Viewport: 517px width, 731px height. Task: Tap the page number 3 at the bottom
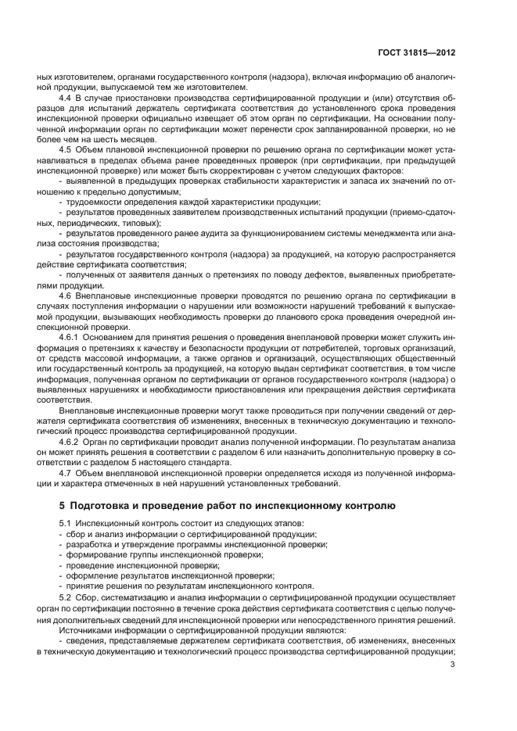click(x=453, y=665)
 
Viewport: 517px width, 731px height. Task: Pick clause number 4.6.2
click(x=70, y=442)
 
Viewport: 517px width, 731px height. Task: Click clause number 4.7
click(x=66, y=472)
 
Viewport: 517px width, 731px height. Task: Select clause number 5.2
click(x=66, y=597)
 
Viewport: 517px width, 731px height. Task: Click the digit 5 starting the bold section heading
click(x=63, y=506)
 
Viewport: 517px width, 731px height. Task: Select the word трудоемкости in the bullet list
click(x=94, y=202)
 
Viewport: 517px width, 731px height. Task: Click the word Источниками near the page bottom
click(x=86, y=629)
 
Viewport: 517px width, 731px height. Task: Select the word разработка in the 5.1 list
click(x=89, y=544)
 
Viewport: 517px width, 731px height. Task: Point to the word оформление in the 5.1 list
click(x=92, y=575)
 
